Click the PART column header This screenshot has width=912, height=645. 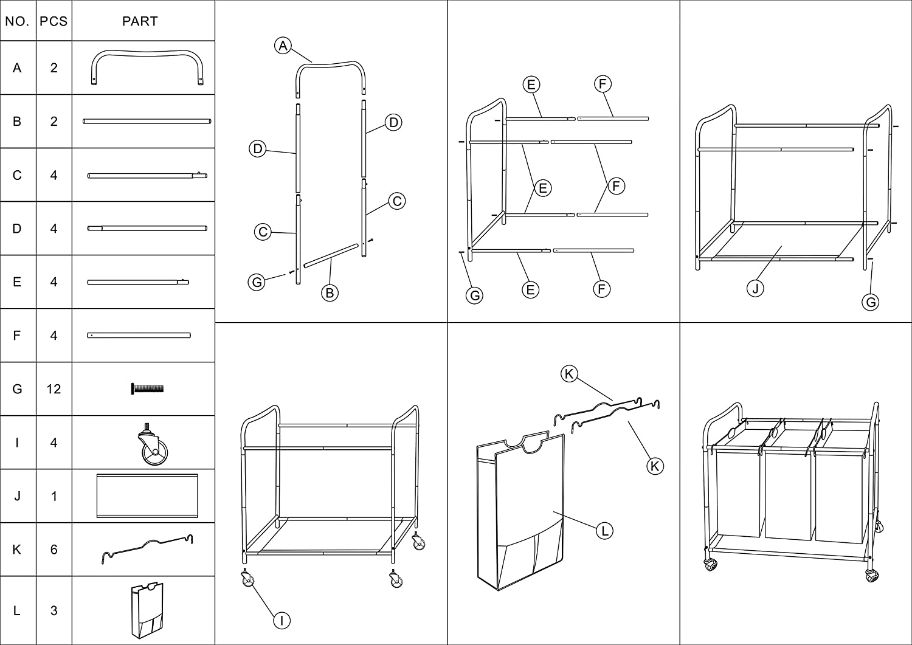tap(140, 21)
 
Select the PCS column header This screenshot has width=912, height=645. tap(54, 21)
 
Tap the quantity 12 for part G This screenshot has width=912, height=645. tap(54, 389)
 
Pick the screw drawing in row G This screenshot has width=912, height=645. tap(147, 388)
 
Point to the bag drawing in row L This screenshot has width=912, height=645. tap(147, 610)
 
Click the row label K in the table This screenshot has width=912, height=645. tap(17, 550)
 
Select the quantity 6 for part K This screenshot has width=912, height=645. tap(54, 550)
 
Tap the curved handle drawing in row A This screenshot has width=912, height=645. tap(147, 68)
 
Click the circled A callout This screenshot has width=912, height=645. tap(283, 45)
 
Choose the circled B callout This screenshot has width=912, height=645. tap(330, 293)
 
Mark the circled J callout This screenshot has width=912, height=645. tap(755, 289)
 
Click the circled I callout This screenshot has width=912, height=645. tap(282, 620)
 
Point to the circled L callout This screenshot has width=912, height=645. tap(604, 531)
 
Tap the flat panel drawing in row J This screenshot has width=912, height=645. tap(147, 496)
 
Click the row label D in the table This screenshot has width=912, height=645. tap(17, 229)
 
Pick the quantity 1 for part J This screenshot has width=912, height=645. tap(54, 496)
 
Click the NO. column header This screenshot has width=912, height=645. tap(17, 21)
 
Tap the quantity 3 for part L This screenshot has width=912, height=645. tap(54, 610)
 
